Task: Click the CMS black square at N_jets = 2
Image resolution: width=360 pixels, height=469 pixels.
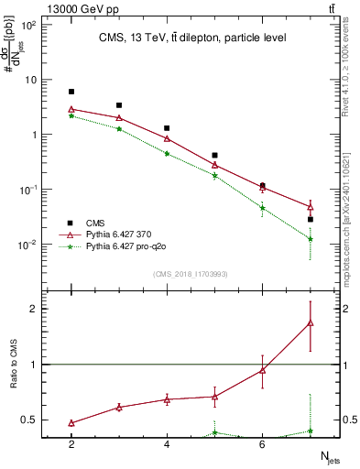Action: [x=71, y=92]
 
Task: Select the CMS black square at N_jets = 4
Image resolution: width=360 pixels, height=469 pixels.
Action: [x=167, y=128]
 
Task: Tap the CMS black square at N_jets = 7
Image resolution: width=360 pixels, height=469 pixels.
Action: [x=310, y=220]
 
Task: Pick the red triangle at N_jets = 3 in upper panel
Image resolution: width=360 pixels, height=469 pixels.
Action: [x=119, y=118]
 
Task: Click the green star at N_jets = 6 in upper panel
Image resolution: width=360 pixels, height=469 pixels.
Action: [x=262, y=208]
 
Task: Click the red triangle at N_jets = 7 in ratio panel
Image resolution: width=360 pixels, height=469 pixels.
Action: [x=310, y=322]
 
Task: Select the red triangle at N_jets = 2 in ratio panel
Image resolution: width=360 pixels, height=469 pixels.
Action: [x=71, y=423]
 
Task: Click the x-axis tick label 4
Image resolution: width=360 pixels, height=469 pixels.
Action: [x=167, y=444]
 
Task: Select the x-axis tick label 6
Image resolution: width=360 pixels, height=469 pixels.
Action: [x=262, y=444]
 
